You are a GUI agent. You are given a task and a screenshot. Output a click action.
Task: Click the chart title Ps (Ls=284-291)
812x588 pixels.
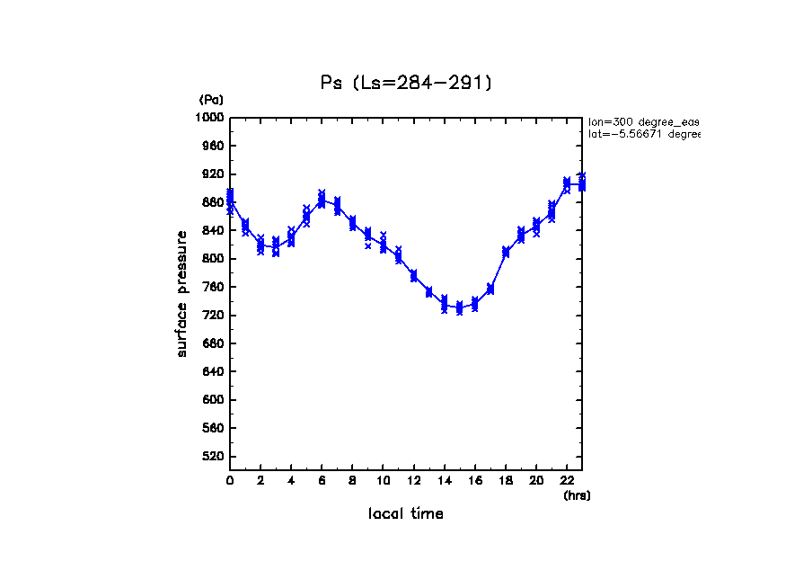pyautogui.click(x=406, y=83)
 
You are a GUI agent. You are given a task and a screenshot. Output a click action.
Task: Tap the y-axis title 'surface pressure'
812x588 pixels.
pyautogui.click(x=182, y=293)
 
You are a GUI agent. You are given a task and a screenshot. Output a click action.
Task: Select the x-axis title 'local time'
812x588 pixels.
pyautogui.click(x=406, y=513)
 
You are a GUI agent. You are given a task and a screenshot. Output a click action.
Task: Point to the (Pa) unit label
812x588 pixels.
pyautogui.click(x=211, y=100)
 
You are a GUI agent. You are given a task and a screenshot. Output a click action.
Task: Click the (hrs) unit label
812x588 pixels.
pyautogui.click(x=577, y=495)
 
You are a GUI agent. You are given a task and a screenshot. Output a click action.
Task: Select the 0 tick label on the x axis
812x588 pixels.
pyautogui.click(x=230, y=481)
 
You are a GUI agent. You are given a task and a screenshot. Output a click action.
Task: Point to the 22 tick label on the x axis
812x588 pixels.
pyautogui.click(x=566, y=481)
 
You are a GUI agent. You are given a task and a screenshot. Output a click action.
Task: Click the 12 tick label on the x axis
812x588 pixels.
pyautogui.click(x=413, y=481)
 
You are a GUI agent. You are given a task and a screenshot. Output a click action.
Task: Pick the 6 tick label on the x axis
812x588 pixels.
pyautogui.click(x=322, y=481)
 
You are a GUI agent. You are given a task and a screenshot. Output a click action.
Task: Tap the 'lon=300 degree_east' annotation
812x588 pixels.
pyautogui.click(x=643, y=120)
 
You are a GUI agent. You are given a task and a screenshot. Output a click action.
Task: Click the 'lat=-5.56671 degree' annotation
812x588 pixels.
pyautogui.click(x=643, y=134)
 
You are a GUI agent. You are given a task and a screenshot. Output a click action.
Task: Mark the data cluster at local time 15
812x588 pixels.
pyautogui.click(x=459, y=307)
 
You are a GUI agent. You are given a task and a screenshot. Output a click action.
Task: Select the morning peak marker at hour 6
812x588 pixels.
pyautogui.click(x=322, y=200)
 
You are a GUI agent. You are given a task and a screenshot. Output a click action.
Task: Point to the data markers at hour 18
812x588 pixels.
pyautogui.click(x=505, y=253)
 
